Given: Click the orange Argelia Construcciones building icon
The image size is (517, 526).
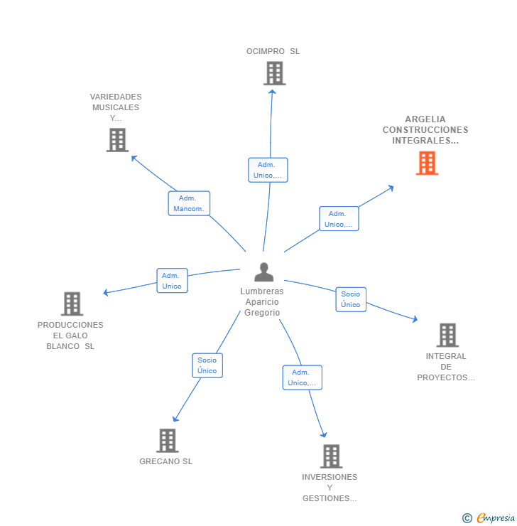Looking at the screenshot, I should pos(427,163).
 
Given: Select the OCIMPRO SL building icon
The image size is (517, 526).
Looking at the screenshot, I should pos(274,73).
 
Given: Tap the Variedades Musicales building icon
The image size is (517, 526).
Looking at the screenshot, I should pos(117,140).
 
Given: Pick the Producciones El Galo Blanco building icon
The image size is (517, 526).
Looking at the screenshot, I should pos(72,304).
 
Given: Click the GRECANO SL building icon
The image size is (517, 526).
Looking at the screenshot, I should pos(167,440).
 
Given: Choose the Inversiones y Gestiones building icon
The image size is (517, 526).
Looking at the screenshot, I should pos(331,456).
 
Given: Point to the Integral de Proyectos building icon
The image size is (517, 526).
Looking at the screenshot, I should pos(447,335).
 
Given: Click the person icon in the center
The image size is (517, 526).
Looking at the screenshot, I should pos(263,272).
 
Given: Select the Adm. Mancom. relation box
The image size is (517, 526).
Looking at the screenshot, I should pos(189,203).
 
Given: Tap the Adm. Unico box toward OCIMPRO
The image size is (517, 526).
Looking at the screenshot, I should pos(268,170).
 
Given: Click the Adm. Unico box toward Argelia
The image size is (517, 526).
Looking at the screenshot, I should pos(339,219).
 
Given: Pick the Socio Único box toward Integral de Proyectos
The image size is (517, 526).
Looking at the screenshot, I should pos(351,299).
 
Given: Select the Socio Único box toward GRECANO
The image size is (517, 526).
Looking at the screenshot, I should pos(207,365).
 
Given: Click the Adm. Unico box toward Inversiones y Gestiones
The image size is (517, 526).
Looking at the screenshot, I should pos(302,377).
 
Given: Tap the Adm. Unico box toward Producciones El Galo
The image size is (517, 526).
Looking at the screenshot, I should pos(172,281).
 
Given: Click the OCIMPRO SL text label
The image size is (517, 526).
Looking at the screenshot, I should pos(273,51).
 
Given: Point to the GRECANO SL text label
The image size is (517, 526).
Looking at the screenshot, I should pos(165,461).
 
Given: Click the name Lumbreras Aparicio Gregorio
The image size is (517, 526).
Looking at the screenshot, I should pos(261,302).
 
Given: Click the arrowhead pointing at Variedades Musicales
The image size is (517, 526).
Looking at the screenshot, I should pos(134,157).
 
